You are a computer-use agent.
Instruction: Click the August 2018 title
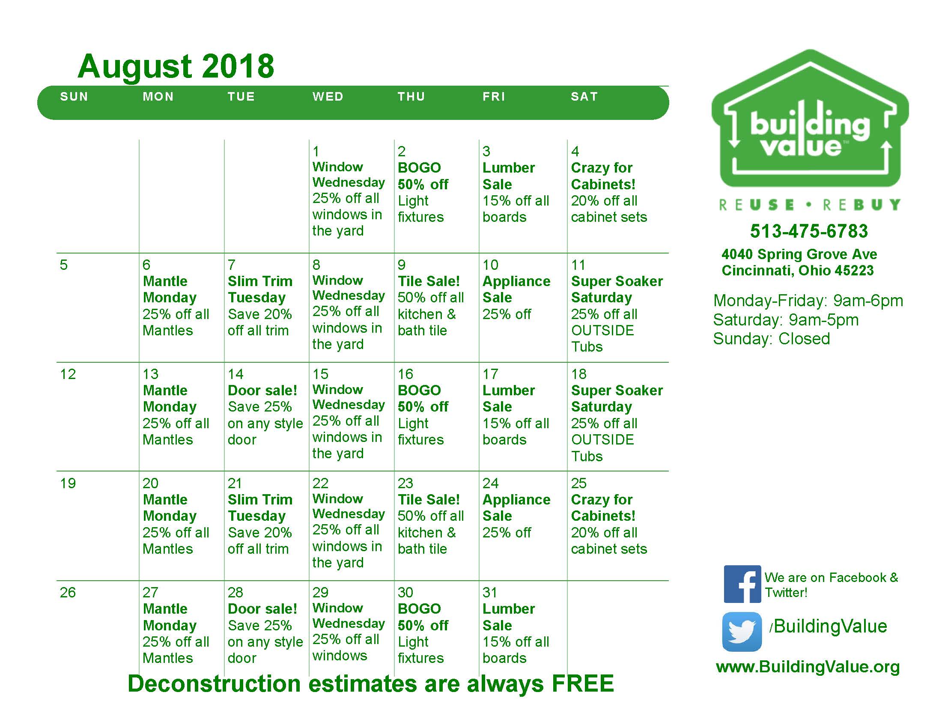click(x=176, y=67)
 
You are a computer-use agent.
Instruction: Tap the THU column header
click(x=411, y=97)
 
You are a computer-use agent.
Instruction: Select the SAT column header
click(x=584, y=97)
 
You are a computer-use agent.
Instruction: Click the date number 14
click(x=235, y=374)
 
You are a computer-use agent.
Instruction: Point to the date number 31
click(x=490, y=592)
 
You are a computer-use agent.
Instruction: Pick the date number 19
click(x=68, y=483)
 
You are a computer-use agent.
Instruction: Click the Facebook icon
click(x=742, y=584)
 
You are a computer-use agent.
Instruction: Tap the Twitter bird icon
click(x=742, y=632)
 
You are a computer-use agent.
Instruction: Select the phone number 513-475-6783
click(x=809, y=231)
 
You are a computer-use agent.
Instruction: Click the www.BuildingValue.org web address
click(x=808, y=667)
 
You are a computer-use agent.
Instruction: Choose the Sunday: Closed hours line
click(x=771, y=339)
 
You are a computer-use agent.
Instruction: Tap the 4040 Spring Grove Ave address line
click(x=799, y=254)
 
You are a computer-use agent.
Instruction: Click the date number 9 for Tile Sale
click(x=401, y=265)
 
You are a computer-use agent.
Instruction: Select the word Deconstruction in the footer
click(x=214, y=683)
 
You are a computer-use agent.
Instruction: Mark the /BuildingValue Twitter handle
click(x=828, y=626)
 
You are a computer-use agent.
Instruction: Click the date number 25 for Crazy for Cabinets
click(x=579, y=483)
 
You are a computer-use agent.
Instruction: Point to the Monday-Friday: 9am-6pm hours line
click(x=808, y=301)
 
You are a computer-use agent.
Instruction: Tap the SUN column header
click(x=74, y=97)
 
